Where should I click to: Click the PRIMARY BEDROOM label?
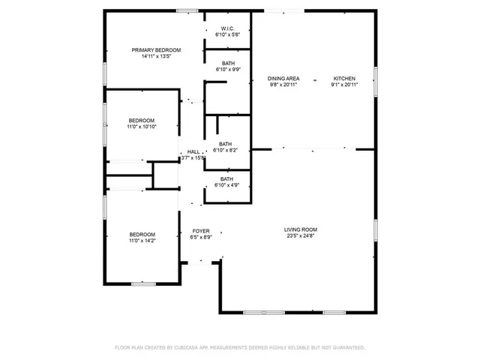tap(156, 50)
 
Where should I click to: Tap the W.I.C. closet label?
tap(227, 28)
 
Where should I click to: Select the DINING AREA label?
tap(283, 78)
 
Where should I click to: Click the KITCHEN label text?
tap(344, 78)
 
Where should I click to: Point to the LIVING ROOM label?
tap(300, 229)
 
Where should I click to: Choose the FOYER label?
tap(201, 230)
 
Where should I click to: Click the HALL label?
tap(193, 151)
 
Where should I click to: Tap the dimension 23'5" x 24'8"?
tap(300, 236)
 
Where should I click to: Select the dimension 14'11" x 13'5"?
tap(156, 57)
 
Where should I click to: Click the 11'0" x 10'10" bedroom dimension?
tap(141, 127)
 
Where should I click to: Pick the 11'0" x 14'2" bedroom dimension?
tap(141, 241)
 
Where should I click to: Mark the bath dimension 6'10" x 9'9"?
tap(227, 69)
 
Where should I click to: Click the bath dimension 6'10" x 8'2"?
tap(226, 151)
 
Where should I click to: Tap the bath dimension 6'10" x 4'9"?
tap(226, 185)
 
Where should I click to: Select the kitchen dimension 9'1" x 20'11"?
tap(344, 85)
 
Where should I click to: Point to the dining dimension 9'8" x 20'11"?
tap(283, 85)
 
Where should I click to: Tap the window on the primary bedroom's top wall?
tap(187, 10)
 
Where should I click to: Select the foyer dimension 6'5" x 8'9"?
tap(201, 237)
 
